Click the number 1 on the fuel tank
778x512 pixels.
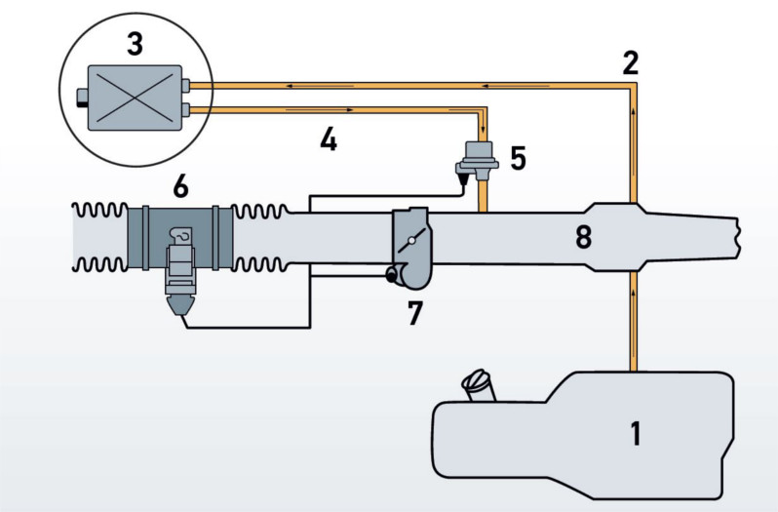[636, 433]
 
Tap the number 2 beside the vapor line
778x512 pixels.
[630, 63]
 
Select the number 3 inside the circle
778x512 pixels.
[135, 43]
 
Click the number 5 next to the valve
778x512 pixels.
[518, 158]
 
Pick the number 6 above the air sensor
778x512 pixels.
[180, 187]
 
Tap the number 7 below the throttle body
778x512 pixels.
[414, 313]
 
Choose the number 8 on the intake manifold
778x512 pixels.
[583, 237]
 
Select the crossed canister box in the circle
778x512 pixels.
[135, 98]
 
